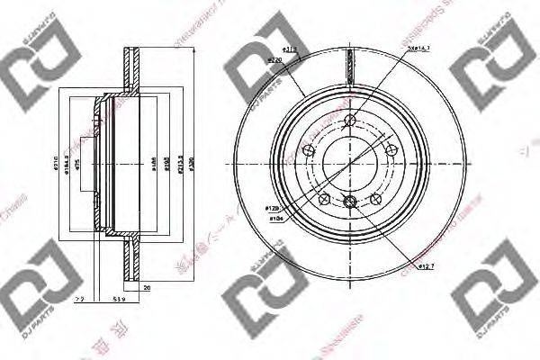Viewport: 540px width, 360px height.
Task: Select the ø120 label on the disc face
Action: (x=272, y=209)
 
